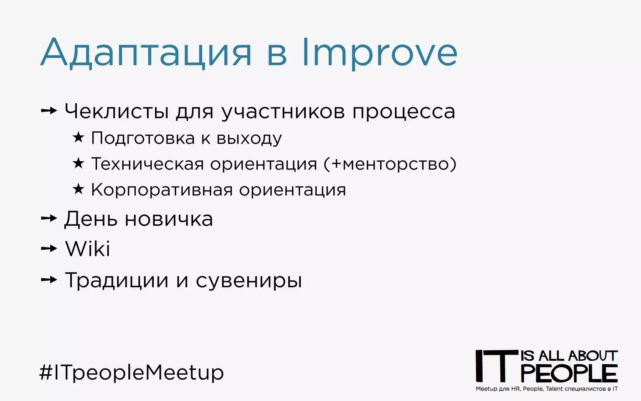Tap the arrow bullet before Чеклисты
(49, 111)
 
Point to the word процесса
(403, 112)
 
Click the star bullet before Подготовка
(78, 137)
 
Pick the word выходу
(249, 138)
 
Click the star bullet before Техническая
(78, 163)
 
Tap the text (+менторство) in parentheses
(390, 164)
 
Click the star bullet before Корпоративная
(78, 189)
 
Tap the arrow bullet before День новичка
(49, 218)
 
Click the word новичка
(169, 219)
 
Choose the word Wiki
(88, 249)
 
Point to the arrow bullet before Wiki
(49, 249)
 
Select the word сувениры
(249, 281)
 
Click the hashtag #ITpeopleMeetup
(131, 372)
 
